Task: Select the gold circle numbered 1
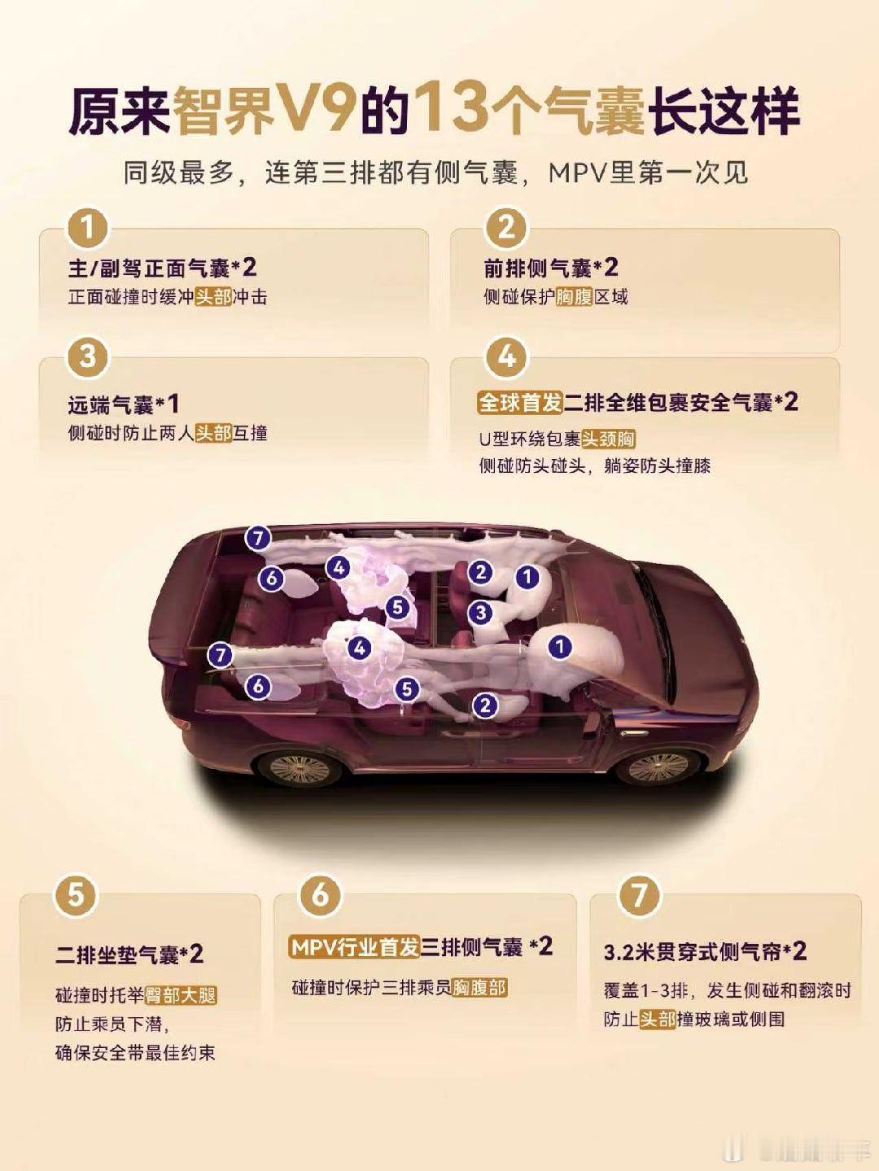[88, 229]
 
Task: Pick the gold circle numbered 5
[76, 894]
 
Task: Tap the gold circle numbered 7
[639, 894]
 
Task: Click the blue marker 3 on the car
[480, 613]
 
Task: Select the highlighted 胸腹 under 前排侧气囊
[575, 297]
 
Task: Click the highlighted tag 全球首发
[520, 403]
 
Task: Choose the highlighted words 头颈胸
[609, 439]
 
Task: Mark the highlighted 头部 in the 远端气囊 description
[214, 433]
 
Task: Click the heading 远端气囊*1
[124, 405]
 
